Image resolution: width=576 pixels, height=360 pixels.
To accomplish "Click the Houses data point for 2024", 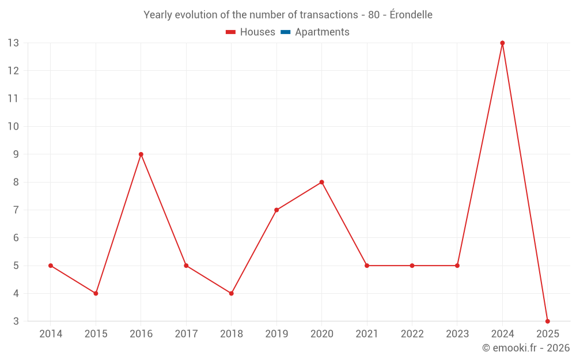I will click(x=502, y=43).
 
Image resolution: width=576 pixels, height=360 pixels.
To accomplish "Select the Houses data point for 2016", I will click(x=141, y=154).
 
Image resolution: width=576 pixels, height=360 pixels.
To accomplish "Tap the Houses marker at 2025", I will click(x=547, y=321).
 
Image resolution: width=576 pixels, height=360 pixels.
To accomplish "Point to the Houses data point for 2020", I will click(x=321, y=182).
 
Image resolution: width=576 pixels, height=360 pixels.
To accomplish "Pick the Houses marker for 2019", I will click(x=276, y=210).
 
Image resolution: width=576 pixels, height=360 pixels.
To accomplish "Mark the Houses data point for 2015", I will click(x=96, y=293).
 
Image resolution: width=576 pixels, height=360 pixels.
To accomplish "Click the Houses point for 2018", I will click(x=232, y=293).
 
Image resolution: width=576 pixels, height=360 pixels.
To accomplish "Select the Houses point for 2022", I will click(x=412, y=266).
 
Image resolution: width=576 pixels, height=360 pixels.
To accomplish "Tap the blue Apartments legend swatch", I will click(x=286, y=32).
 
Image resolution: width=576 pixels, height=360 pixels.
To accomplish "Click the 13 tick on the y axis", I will click(x=13, y=43).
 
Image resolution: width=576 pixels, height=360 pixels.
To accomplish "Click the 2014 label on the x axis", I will click(x=51, y=334).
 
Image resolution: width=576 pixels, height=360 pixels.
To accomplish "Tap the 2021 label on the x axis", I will click(x=367, y=334).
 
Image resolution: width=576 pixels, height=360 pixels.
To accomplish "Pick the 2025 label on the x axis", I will click(x=547, y=334).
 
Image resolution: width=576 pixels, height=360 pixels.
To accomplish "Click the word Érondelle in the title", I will click(x=411, y=15).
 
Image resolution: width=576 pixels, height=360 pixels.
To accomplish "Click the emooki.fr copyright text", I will click(x=526, y=348).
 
